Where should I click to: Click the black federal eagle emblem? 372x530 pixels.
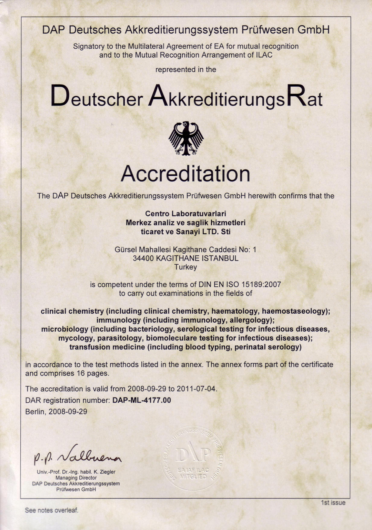point(186,138)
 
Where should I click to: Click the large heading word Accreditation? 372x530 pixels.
point(185,174)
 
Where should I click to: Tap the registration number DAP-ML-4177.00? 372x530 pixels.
point(142,400)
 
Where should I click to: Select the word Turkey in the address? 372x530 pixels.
point(185,267)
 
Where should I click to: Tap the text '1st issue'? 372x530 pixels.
point(333,503)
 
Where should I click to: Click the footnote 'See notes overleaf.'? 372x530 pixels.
point(52,510)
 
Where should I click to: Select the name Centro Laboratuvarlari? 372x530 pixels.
point(185,214)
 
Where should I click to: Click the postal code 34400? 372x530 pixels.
point(143,258)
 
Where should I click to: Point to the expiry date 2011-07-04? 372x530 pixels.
point(196,389)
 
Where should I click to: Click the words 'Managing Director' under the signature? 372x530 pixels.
point(76,478)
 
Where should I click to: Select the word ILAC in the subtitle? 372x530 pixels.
point(264,55)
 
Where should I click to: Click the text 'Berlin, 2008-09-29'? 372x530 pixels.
point(56,412)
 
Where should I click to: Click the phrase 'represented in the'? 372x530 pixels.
point(185,70)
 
